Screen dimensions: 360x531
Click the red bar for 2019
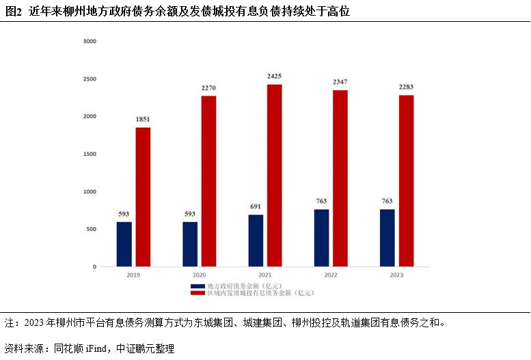[143, 197]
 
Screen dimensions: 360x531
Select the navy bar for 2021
[256, 240]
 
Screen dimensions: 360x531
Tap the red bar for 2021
[275, 176]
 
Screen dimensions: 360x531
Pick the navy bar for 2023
[387, 238]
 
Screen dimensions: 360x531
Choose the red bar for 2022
[340, 178]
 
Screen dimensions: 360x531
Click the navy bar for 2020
[190, 244]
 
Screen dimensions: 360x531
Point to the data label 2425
[275, 76]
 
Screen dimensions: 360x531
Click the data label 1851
[143, 120]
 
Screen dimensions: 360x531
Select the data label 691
[256, 206]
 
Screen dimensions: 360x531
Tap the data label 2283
[407, 87]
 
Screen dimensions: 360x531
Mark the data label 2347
[340, 82]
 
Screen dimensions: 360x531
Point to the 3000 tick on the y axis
[90, 42]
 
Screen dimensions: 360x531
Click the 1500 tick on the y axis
[90, 154]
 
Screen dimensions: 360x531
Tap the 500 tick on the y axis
[92, 230]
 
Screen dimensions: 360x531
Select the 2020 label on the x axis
[200, 275]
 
